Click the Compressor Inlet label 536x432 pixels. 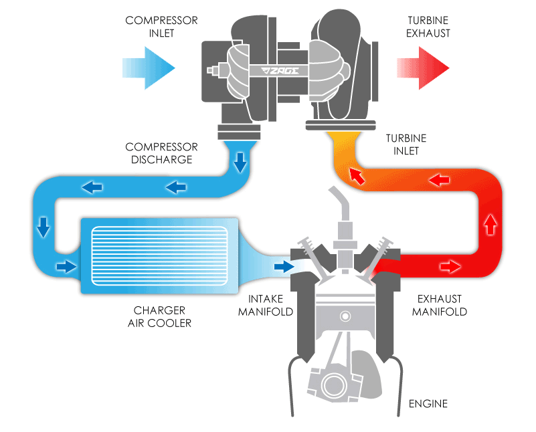point(161,27)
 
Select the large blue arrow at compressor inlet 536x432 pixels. point(149,67)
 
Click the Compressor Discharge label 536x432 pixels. point(161,152)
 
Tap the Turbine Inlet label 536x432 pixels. point(406,144)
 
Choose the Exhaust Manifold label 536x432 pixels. point(439,305)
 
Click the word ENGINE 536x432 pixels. point(428,404)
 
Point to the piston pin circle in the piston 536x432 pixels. point(344,315)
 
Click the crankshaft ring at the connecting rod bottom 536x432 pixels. point(334,386)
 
